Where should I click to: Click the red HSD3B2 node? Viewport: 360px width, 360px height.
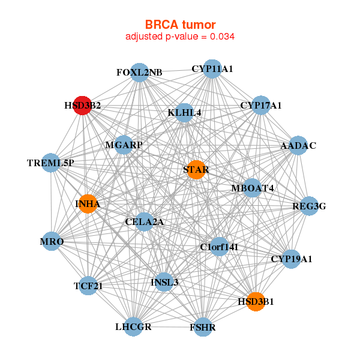82,105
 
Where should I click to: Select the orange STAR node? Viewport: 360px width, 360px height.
196,170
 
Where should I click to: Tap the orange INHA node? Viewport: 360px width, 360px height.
88,204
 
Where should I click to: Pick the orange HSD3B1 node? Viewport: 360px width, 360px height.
256,302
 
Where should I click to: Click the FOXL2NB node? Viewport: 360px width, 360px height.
139,73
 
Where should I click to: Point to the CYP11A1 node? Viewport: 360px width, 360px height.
212,69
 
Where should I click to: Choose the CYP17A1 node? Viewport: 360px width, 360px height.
260,106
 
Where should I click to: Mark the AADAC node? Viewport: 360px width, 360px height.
298,146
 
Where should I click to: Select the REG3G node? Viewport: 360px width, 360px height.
309,206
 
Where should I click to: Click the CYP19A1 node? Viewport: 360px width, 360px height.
291,259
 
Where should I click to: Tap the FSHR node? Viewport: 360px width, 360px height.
203,327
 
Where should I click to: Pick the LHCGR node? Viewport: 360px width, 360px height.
133,326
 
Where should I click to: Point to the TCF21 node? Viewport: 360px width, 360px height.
88,286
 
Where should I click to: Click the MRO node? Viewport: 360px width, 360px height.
52,242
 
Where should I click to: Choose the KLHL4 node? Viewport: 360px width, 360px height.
184,112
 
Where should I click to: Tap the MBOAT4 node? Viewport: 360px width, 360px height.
253,188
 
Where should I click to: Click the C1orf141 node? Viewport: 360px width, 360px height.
219,246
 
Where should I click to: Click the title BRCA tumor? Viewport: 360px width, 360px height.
180,25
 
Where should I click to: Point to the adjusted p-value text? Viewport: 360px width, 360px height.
180,37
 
